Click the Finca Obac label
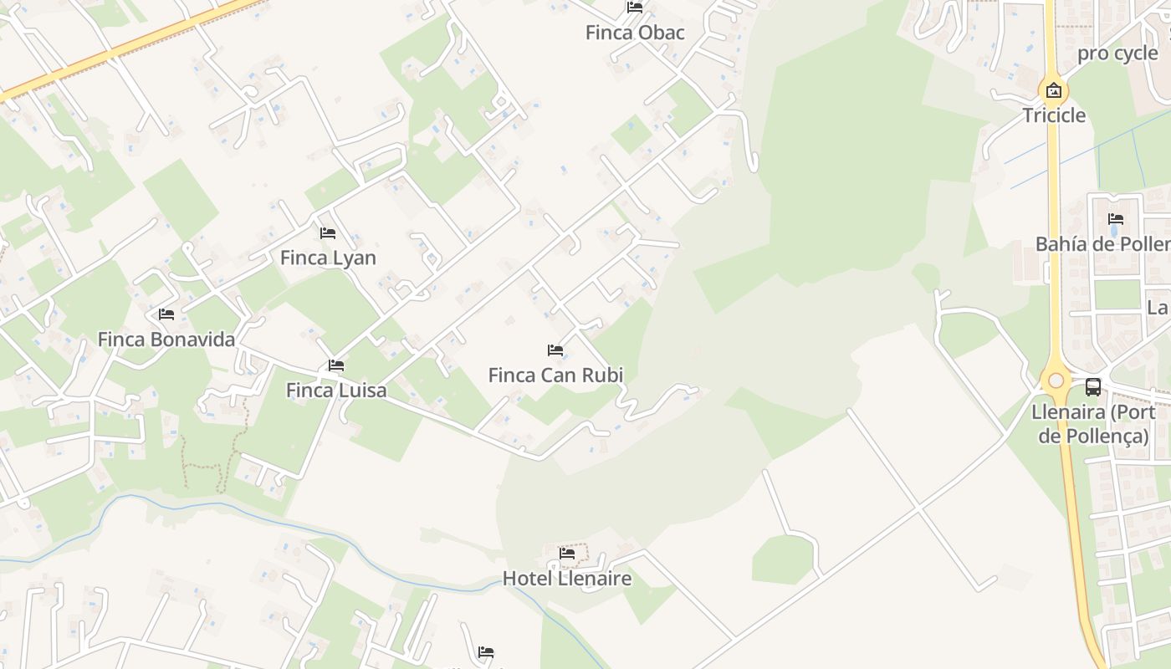(635, 33)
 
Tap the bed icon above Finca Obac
(635, 8)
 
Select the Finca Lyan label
(328, 258)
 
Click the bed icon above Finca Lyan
(328, 232)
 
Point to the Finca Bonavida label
(166, 340)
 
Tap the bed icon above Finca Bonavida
(166, 314)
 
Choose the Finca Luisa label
(336, 391)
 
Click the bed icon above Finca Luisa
(336, 365)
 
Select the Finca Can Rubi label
(555, 375)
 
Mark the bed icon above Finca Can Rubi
(555, 350)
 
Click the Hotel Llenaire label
(567, 578)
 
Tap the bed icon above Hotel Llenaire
(567, 553)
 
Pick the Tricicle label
(1054, 115)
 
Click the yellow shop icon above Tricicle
(1054, 90)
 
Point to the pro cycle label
(1117, 54)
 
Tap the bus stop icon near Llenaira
(1093, 386)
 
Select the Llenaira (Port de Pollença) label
(1092, 423)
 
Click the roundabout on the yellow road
(1056, 380)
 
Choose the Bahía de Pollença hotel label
(1103, 244)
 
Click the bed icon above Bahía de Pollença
(1116, 219)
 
